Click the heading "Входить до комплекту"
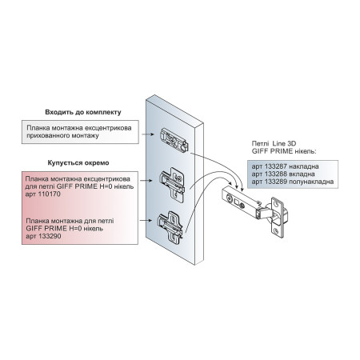tap(83, 112)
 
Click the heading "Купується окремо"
tap(78, 163)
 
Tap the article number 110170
tap(50, 194)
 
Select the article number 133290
tap(50, 236)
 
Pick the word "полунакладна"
tap(311, 182)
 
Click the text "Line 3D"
tap(284, 144)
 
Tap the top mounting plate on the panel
tap(174, 139)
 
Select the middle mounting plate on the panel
tap(173, 185)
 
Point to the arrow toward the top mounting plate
tap(148, 134)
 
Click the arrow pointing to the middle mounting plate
tap(146, 181)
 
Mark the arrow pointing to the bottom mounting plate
tap(146, 221)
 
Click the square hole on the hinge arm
tap(236, 202)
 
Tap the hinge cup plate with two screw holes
tap(276, 218)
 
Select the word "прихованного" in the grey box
tap(46, 136)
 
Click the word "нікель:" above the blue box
tap(306, 151)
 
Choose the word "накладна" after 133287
tap(304, 166)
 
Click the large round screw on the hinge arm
tap(229, 198)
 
